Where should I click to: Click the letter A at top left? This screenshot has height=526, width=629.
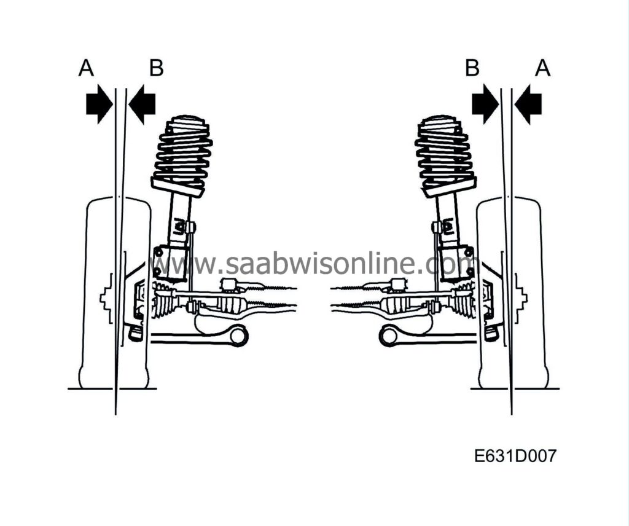[86, 68]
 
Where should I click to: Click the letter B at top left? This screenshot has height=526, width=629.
[156, 68]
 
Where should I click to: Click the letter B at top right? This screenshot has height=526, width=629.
[472, 68]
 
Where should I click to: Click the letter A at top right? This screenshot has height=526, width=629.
[542, 68]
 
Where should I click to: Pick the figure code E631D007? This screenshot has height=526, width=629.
[515, 456]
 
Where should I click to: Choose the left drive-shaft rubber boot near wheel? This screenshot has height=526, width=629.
[163, 301]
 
